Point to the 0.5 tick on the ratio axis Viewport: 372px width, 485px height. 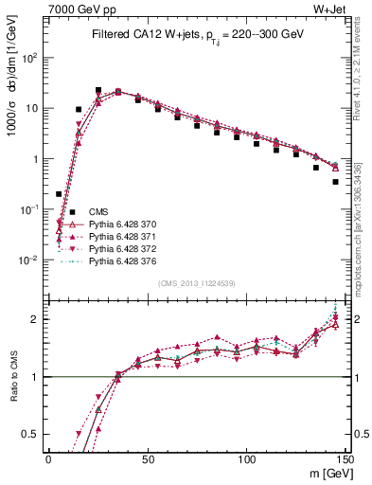[x=35, y=435]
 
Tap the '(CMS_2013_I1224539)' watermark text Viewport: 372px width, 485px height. [x=198, y=281]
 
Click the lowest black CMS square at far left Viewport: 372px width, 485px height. [x=59, y=194]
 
